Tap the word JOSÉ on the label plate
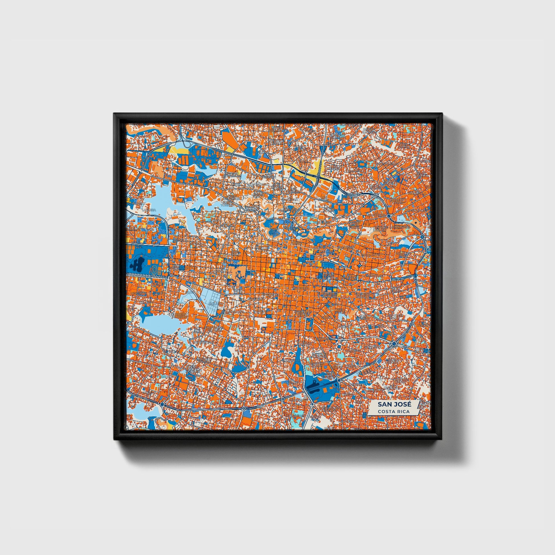pos(402,404)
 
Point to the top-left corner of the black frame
pos(114,114)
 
